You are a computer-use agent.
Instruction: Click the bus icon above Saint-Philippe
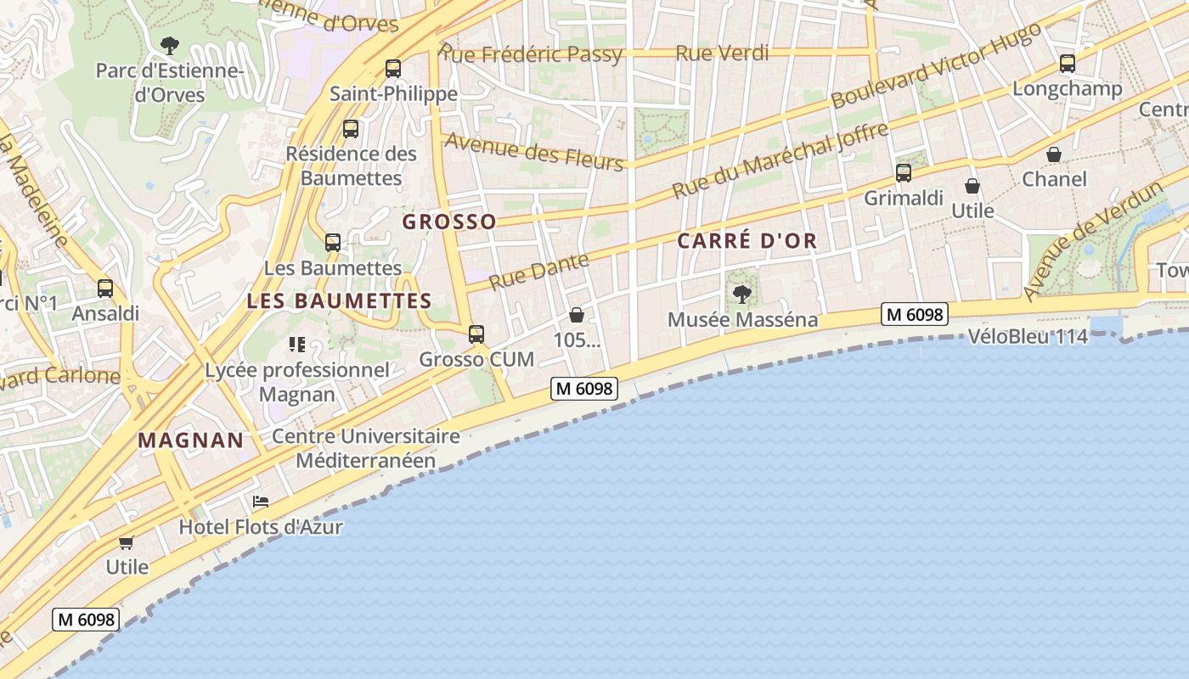coord(392,69)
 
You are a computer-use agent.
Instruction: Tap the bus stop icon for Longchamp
coord(1068,64)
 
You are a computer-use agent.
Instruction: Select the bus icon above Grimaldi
coord(904,173)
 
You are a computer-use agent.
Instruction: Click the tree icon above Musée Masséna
coord(742,295)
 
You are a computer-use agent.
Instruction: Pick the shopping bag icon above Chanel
coord(1054,154)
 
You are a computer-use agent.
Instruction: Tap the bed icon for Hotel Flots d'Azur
coord(261,502)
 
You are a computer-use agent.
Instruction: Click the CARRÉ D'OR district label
coord(747,241)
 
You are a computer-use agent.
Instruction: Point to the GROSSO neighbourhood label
coord(449,222)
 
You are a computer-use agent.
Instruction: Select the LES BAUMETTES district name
coord(340,301)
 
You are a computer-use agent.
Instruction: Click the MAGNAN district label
coord(190,441)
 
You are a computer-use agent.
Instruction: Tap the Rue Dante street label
coord(539,270)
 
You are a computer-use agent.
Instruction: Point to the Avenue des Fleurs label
coord(534,151)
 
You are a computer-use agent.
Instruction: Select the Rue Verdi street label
coord(722,53)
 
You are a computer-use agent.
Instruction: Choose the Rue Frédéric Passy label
coord(533,55)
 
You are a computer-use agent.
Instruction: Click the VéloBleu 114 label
coord(1028,337)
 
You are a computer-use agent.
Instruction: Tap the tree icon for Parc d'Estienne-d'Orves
coord(170,45)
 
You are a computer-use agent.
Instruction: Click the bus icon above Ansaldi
coord(105,289)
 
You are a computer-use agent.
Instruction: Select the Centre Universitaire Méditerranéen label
coord(365,449)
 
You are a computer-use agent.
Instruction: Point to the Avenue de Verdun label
coord(1093,240)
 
